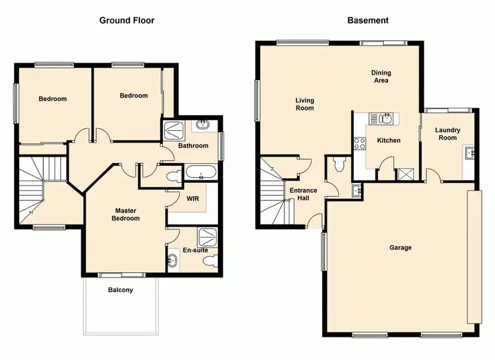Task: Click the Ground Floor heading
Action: [x=127, y=20]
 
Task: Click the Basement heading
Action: [x=368, y=20]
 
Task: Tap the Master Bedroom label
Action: [x=125, y=215]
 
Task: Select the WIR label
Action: [x=193, y=198]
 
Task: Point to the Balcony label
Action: [x=121, y=290]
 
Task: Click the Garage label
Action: [x=401, y=248]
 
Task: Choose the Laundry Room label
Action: [x=447, y=134]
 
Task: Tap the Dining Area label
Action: [x=381, y=77]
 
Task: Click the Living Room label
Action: [x=304, y=104]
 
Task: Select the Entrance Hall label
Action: [x=304, y=195]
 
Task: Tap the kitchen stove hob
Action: [x=360, y=143]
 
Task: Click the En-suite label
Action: [x=195, y=250]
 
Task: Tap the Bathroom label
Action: [x=193, y=146]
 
